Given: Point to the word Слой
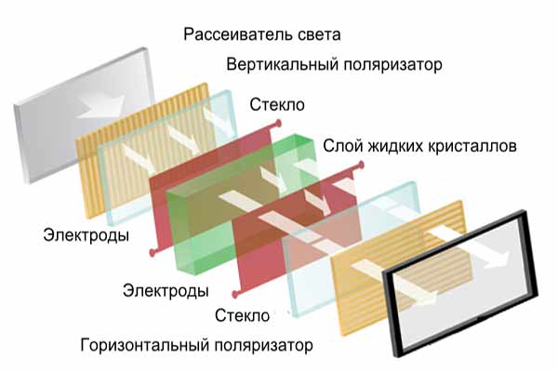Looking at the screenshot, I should tap(341, 147).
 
